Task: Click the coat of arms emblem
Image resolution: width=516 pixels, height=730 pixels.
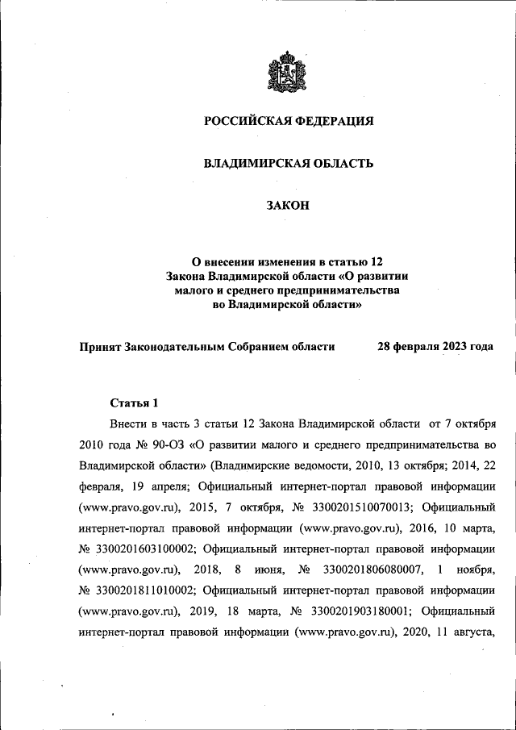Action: (x=288, y=71)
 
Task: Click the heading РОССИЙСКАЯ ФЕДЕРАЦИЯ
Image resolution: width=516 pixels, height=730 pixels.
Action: (x=288, y=121)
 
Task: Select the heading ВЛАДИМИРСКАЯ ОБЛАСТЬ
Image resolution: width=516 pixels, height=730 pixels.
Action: (x=288, y=164)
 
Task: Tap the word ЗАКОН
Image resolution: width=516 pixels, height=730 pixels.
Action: (x=288, y=206)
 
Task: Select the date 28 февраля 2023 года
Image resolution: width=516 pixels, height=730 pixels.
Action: (x=435, y=347)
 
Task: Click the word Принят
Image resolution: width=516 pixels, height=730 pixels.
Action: (x=99, y=347)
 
